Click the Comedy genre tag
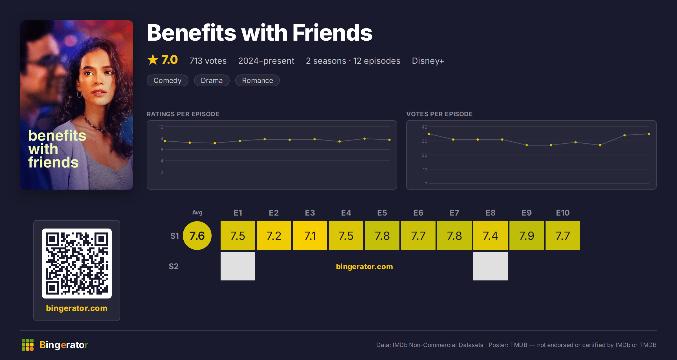click(167, 80)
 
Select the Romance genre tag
click(257, 80)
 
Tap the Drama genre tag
click(212, 80)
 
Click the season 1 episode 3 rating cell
click(310, 236)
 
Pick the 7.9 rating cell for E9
click(526, 236)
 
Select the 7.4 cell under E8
click(490, 236)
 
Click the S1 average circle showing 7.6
click(197, 236)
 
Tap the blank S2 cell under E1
click(238, 266)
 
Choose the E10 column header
click(562, 213)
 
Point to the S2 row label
click(173, 266)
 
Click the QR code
click(77, 264)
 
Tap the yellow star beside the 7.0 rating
click(153, 60)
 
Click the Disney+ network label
click(428, 61)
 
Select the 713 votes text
click(208, 61)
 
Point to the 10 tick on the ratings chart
click(161, 127)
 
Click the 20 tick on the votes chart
click(424, 155)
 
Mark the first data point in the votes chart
click(429, 134)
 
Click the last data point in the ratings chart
click(389, 140)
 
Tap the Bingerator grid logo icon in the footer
click(28, 345)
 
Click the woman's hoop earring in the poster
click(79, 95)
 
